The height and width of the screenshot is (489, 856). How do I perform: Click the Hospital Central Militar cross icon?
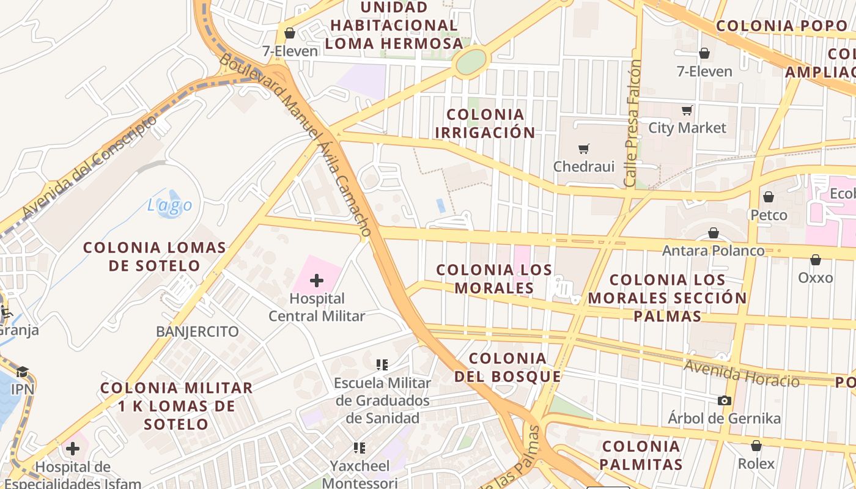pos(317,281)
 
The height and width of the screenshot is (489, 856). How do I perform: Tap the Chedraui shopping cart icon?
pos(584,149)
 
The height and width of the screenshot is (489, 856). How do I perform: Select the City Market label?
pos(687,128)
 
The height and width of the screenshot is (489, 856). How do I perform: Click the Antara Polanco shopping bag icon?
pos(713,233)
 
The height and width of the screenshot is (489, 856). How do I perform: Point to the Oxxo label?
pos(816,278)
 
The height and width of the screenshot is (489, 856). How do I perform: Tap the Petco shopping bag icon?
pos(769,197)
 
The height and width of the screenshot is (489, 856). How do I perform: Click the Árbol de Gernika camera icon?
pos(725,401)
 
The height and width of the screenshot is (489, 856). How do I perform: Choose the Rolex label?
pos(756,463)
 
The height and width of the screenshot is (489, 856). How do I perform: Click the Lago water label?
pos(170,206)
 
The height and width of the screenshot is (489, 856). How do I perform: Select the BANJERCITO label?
pos(197,332)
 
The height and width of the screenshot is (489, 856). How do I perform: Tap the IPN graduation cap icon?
pos(23,372)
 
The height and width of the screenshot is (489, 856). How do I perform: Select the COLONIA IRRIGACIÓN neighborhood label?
pos(485,123)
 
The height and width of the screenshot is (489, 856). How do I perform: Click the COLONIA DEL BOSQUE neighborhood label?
pos(507,367)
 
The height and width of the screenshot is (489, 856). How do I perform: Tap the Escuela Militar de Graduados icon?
pos(382,365)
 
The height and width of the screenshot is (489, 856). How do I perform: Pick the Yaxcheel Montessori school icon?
pos(359,448)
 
